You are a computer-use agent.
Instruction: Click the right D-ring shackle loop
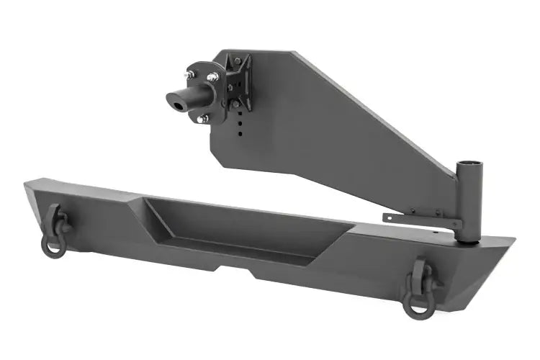(x=417, y=303)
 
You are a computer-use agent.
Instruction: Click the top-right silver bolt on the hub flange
(x=213, y=77)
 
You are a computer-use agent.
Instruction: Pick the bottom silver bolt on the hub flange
(x=204, y=118)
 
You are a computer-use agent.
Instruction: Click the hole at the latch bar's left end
(x=389, y=217)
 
